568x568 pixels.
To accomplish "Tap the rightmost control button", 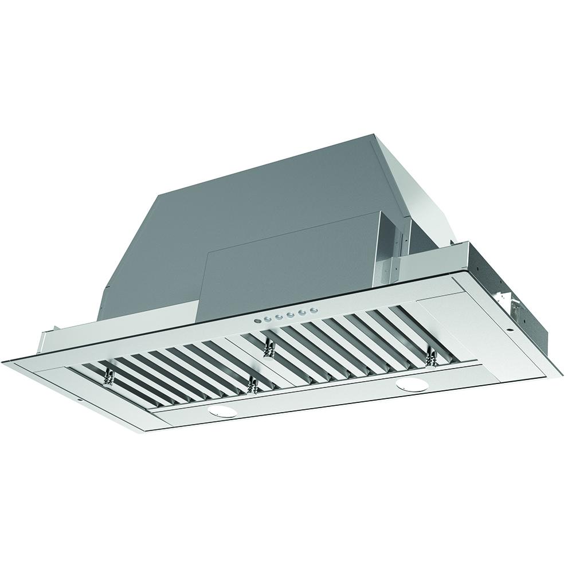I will (x=314, y=310).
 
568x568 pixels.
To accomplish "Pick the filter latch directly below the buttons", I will (x=267, y=347).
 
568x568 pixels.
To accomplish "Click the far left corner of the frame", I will (x=5, y=360).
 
